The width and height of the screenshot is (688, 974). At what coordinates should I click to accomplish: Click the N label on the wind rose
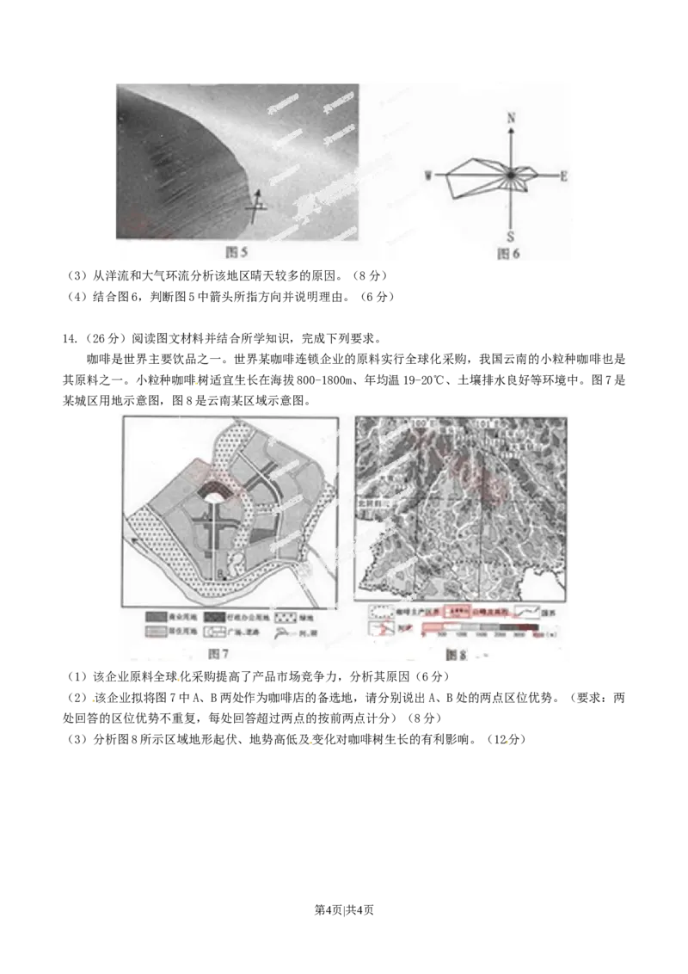click(x=512, y=117)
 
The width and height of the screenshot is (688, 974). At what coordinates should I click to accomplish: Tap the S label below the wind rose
click(x=511, y=237)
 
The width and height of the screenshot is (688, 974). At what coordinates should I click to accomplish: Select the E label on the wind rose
click(x=564, y=176)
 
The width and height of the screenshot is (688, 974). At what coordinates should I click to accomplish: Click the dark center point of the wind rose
click(x=511, y=175)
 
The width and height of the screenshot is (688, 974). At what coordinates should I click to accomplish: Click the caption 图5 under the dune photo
click(x=236, y=251)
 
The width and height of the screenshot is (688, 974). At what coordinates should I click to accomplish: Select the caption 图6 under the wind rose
click(x=509, y=253)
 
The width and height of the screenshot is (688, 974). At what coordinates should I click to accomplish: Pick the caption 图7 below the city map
click(x=219, y=655)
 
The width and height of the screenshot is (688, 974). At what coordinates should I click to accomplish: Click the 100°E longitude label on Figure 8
click(x=420, y=423)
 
